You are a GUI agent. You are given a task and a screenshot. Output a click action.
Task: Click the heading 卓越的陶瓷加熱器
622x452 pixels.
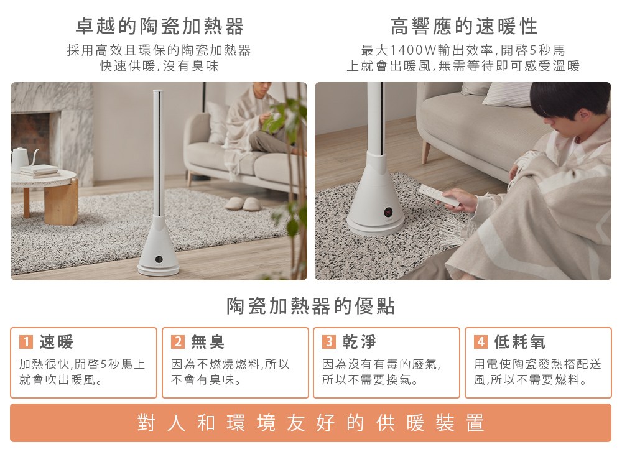[159, 27]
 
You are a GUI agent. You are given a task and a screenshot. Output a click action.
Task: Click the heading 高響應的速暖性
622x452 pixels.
[464, 27]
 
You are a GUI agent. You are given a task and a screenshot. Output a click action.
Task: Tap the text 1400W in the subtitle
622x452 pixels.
[413, 50]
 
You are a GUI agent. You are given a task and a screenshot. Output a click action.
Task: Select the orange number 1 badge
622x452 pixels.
[26, 342]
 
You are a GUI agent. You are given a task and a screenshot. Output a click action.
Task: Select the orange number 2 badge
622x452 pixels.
[178, 342]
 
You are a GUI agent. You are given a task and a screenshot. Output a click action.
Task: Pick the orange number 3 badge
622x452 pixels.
[329, 341]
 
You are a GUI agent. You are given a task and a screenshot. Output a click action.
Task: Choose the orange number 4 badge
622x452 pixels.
[481, 342]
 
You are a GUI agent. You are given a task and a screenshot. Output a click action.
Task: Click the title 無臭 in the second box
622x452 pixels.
[208, 342]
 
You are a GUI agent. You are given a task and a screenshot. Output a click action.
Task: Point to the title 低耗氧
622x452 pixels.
[519, 342]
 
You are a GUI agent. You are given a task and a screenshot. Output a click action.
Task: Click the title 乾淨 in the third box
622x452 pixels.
[359, 342]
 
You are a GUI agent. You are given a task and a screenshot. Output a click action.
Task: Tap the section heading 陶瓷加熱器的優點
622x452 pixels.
[310, 306]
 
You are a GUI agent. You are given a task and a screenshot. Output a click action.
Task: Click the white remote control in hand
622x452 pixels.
[439, 195]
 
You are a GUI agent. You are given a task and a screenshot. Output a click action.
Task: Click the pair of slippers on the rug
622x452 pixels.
[243, 203]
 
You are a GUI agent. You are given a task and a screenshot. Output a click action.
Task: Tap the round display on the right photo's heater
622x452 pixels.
[388, 213]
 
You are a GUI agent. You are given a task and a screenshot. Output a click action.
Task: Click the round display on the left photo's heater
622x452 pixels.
[159, 259]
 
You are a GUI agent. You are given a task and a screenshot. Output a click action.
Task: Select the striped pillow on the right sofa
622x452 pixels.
[508, 94]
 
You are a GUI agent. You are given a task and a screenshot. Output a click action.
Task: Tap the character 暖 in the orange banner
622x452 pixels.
[415, 423]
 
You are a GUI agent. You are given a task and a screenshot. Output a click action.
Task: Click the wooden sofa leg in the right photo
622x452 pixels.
[426, 151]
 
